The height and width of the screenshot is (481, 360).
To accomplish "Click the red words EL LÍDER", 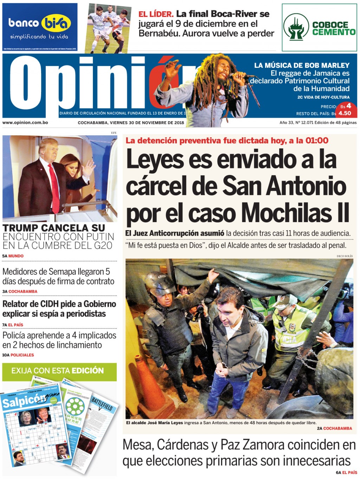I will pyautogui.click(x=156, y=14).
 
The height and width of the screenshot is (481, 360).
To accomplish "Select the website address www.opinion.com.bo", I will pyautogui.click(x=25, y=123).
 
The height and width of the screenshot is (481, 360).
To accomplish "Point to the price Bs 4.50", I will pyautogui.click(x=345, y=113).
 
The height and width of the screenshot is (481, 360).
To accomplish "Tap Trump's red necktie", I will pyautogui.click(x=54, y=184).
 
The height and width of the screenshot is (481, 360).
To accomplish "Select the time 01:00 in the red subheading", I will pyautogui.click(x=317, y=141).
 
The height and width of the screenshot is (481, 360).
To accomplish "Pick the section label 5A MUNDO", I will pyautogui.click(x=13, y=256).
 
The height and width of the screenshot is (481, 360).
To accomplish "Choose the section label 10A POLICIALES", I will pyautogui.click(x=18, y=355).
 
